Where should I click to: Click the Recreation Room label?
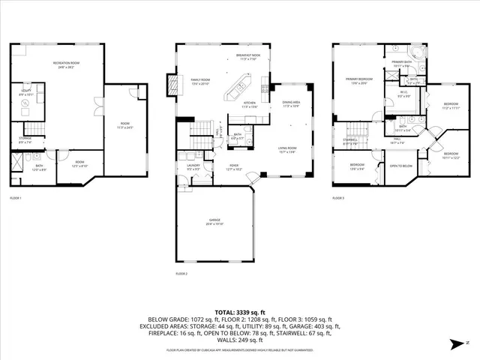pyautogui.click(x=67, y=65)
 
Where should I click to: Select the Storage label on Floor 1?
pyautogui.click(x=24, y=140)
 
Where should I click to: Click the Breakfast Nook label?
pyautogui.click(x=247, y=56)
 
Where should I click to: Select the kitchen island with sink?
pyautogui.click(x=241, y=91)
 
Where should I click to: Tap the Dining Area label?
pyautogui.click(x=291, y=104)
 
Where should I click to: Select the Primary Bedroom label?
pyautogui.click(x=358, y=80)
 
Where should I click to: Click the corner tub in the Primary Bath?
pyautogui.click(x=417, y=53)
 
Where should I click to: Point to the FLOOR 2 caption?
pyautogui.click(x=181, y=273)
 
